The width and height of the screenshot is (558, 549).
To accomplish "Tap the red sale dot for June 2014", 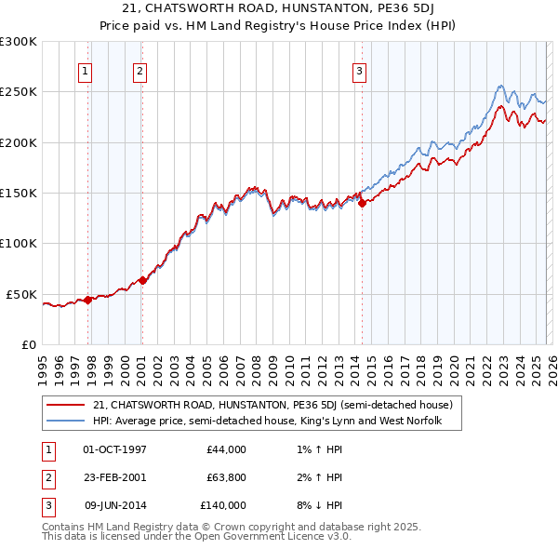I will coord(362,204).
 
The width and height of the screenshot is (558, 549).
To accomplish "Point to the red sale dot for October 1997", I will coord(87,300).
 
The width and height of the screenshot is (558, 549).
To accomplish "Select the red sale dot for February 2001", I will coord(142,280).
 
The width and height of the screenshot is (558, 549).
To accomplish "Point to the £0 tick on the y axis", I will coord(28,344).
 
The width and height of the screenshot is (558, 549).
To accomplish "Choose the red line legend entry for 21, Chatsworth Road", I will coord(272,405).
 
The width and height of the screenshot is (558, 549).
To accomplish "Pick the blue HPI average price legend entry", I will coord(266,422).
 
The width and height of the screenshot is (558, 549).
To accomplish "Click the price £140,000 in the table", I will coord(223,505).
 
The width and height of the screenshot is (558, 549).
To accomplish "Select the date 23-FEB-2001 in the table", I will coord(115,477).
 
